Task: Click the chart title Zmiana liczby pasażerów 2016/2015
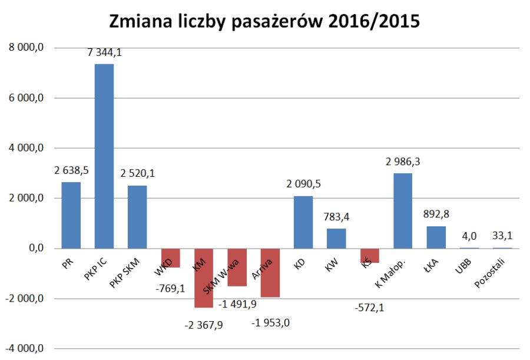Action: tap(264, 21)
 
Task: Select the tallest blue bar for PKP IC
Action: tap(104, 156)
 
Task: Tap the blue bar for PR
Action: tap(71, 215)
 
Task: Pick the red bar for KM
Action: tap(203, 278)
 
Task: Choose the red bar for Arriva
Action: tap(270, 273)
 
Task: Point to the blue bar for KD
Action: tap(303, 222)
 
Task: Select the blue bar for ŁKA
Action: tap(436, 237)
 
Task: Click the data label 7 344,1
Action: tap(104, 53)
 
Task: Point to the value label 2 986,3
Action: tap(403, 161)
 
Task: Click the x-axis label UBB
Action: tap(462, 263)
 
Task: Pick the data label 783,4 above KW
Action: tap(336, 217)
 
